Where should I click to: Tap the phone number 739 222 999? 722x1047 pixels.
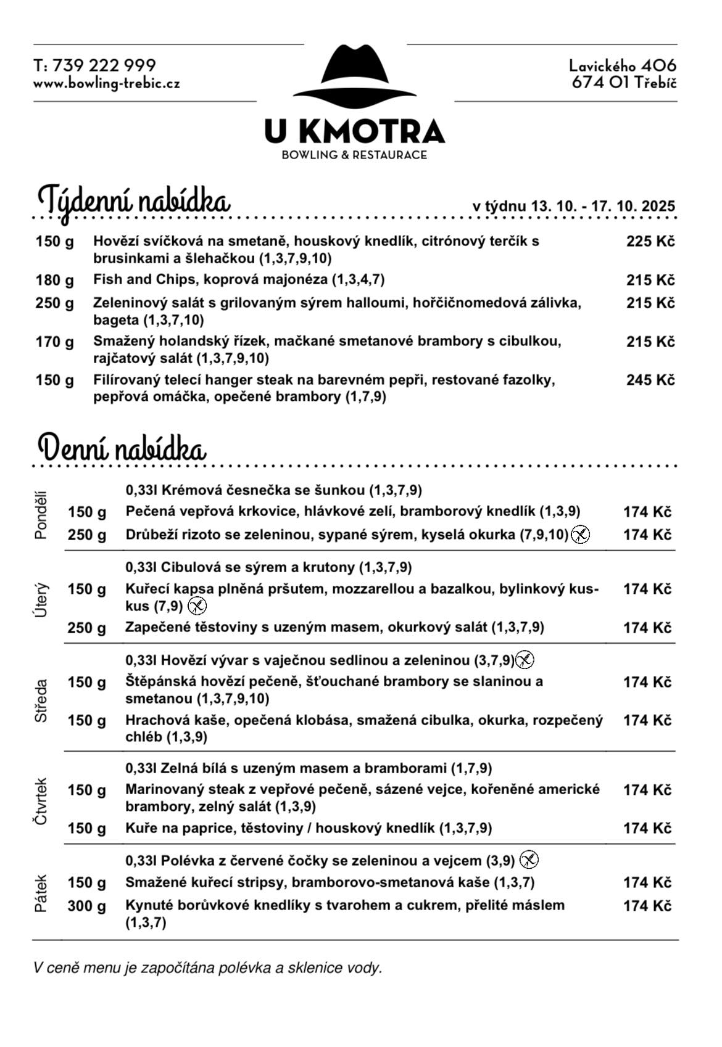coord(104,65)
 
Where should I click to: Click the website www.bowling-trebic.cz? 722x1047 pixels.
coord(107,83)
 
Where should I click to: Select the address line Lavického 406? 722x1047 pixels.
coord(622,65)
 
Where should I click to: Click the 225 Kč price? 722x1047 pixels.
coord(650,241)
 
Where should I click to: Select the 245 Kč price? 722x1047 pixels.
coord(650,380)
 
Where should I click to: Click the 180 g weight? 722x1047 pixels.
coord(54,280)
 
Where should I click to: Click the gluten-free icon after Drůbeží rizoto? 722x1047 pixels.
coord(580,534)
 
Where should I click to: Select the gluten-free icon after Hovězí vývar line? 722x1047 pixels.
coord(525,660)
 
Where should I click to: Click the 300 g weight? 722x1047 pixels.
coord(86,906)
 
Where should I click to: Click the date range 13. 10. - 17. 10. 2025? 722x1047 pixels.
coord(604,206)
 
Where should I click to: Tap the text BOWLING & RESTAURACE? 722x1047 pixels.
coord(354,155)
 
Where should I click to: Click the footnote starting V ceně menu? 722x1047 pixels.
coord(207,967)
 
